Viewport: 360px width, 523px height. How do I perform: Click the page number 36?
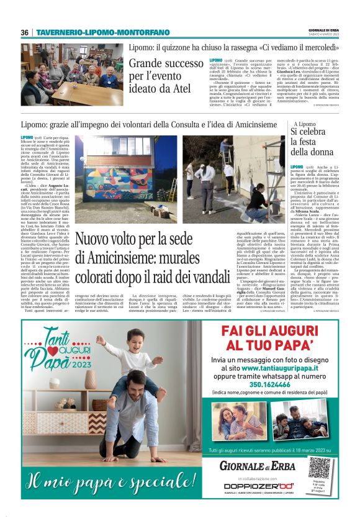point(24,32)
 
